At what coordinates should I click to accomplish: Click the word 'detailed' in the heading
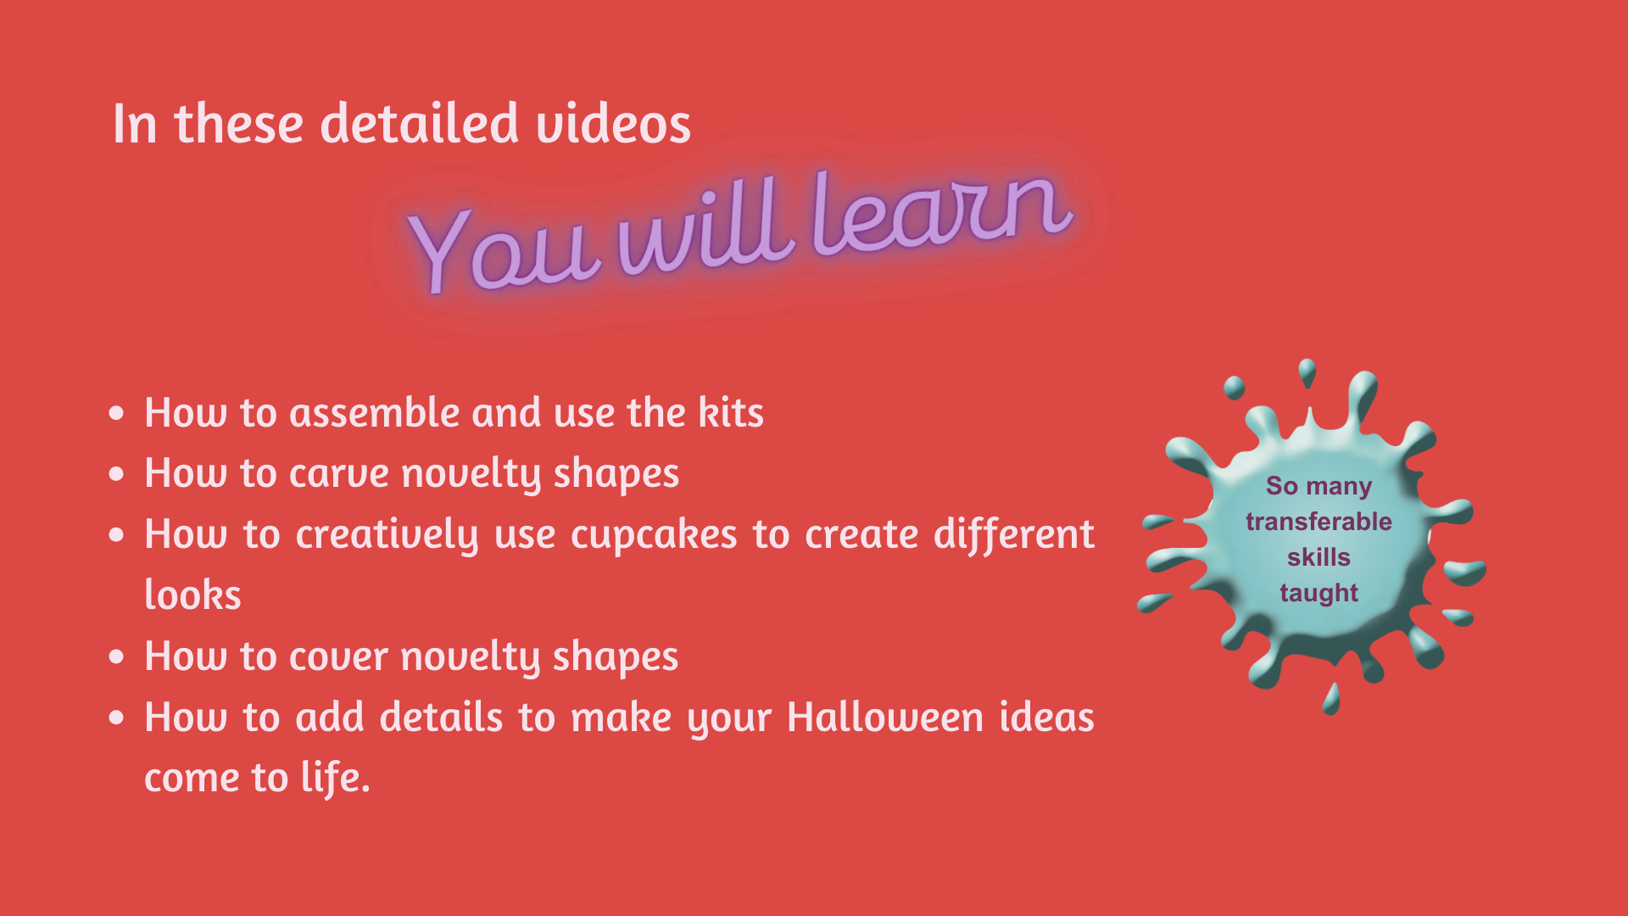(419, 123)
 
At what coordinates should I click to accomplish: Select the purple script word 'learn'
(941, 212)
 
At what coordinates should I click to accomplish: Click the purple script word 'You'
(504, 251)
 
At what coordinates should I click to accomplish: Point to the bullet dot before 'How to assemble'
(117, 413)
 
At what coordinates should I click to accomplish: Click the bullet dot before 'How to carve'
(117, 474)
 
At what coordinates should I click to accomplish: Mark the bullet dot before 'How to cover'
(117, 657)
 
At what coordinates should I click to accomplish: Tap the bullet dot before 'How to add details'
(117, 718)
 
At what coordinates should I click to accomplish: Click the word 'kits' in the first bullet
(731, 412)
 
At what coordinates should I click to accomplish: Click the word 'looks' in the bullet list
(192, 595)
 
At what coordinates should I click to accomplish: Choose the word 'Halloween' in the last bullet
(885, 718)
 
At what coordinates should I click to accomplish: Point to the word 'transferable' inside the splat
(1319, 522)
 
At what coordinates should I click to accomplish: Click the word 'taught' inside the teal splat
(1319, 593)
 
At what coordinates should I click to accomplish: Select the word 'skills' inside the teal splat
(1319, 557)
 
